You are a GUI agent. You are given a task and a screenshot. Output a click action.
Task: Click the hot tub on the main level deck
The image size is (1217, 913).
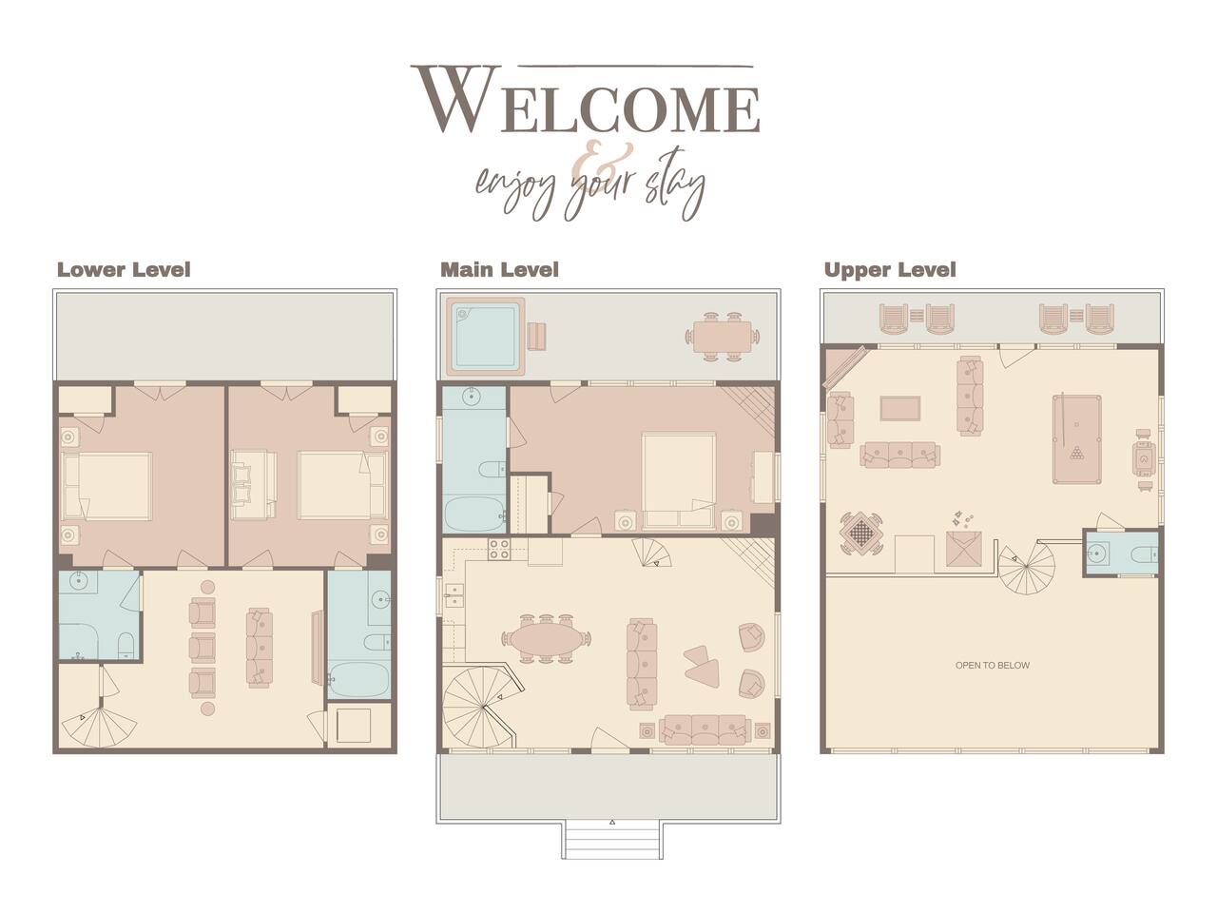(x=485, y=337)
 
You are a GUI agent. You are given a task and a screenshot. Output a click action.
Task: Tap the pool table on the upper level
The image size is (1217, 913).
(x=1076, y=439)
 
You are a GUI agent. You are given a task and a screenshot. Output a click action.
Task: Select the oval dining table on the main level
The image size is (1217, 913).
(x=545, y=638)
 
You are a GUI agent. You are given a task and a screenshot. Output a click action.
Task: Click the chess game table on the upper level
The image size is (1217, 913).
(x=860, y=533)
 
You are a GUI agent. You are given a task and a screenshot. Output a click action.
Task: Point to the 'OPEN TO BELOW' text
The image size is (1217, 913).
(x=992, y=665)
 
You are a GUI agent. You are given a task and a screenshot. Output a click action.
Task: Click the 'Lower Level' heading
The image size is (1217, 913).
(x=124, y=270)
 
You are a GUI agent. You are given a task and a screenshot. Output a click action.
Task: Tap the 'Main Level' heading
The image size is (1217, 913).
(x=499, y=270)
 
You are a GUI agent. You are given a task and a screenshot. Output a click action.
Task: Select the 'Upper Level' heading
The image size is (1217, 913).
(x=890, y=270)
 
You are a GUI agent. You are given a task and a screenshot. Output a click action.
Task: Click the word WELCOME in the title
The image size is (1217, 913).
(x=587, y=101)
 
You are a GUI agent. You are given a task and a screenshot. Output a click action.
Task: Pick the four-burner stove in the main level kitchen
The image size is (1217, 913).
(x=499, y=549)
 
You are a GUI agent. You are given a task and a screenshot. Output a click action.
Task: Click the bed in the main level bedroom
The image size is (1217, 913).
(x=679, y=480)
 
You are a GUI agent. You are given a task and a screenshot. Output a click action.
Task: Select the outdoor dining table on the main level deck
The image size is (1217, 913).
(x=723, y=337)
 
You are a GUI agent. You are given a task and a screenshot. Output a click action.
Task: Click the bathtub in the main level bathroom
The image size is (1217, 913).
(x=475, y=515)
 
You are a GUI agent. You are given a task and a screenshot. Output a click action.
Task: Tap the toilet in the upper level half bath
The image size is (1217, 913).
(x=1146, y=553)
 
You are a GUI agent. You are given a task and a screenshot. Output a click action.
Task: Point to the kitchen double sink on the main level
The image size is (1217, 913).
(x=454, y=595)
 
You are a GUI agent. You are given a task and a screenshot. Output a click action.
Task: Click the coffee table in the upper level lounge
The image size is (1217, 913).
(x=899, y=408)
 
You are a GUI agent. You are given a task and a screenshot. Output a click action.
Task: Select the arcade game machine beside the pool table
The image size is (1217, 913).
(x=1143, y=459)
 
